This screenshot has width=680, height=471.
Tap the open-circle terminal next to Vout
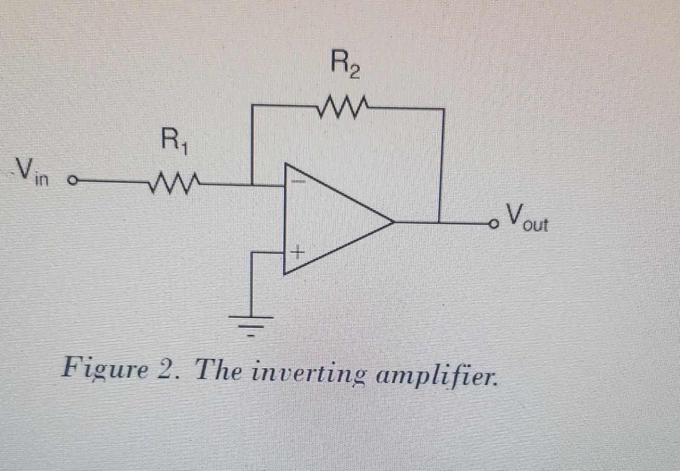click(493, 224)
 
